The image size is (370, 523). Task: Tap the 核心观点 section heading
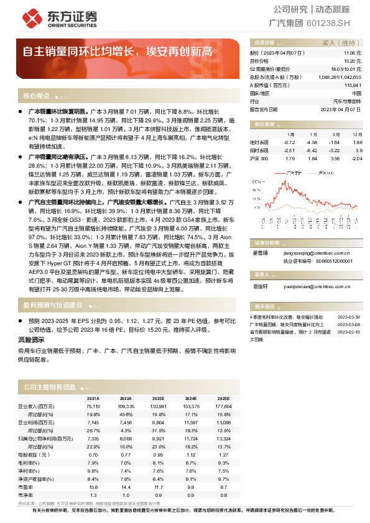pos(36,96)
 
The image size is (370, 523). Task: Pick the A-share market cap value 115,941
pos(351,84)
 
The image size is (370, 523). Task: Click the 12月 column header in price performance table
pos(356,134)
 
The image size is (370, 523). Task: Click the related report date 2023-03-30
pos(349,316)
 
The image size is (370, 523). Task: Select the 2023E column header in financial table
pos(158,398)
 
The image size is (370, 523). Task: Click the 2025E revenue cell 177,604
pos(223,406)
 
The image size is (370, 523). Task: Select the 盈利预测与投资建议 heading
pos(53,305)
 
